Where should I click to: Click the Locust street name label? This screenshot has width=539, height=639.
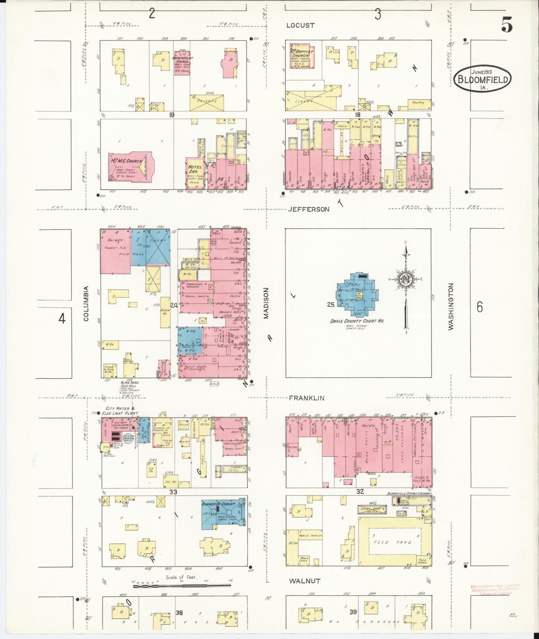click(300, 25)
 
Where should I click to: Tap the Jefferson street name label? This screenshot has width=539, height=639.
click(308, 209)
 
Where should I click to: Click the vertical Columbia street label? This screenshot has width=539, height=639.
click(86, 303)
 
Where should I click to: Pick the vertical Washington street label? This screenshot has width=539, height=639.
click(451, 307)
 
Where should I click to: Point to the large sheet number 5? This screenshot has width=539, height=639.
click(507, 25)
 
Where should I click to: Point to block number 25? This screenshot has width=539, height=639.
click(330, 305)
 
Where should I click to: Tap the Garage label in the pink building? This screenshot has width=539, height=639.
click(114, 240)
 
